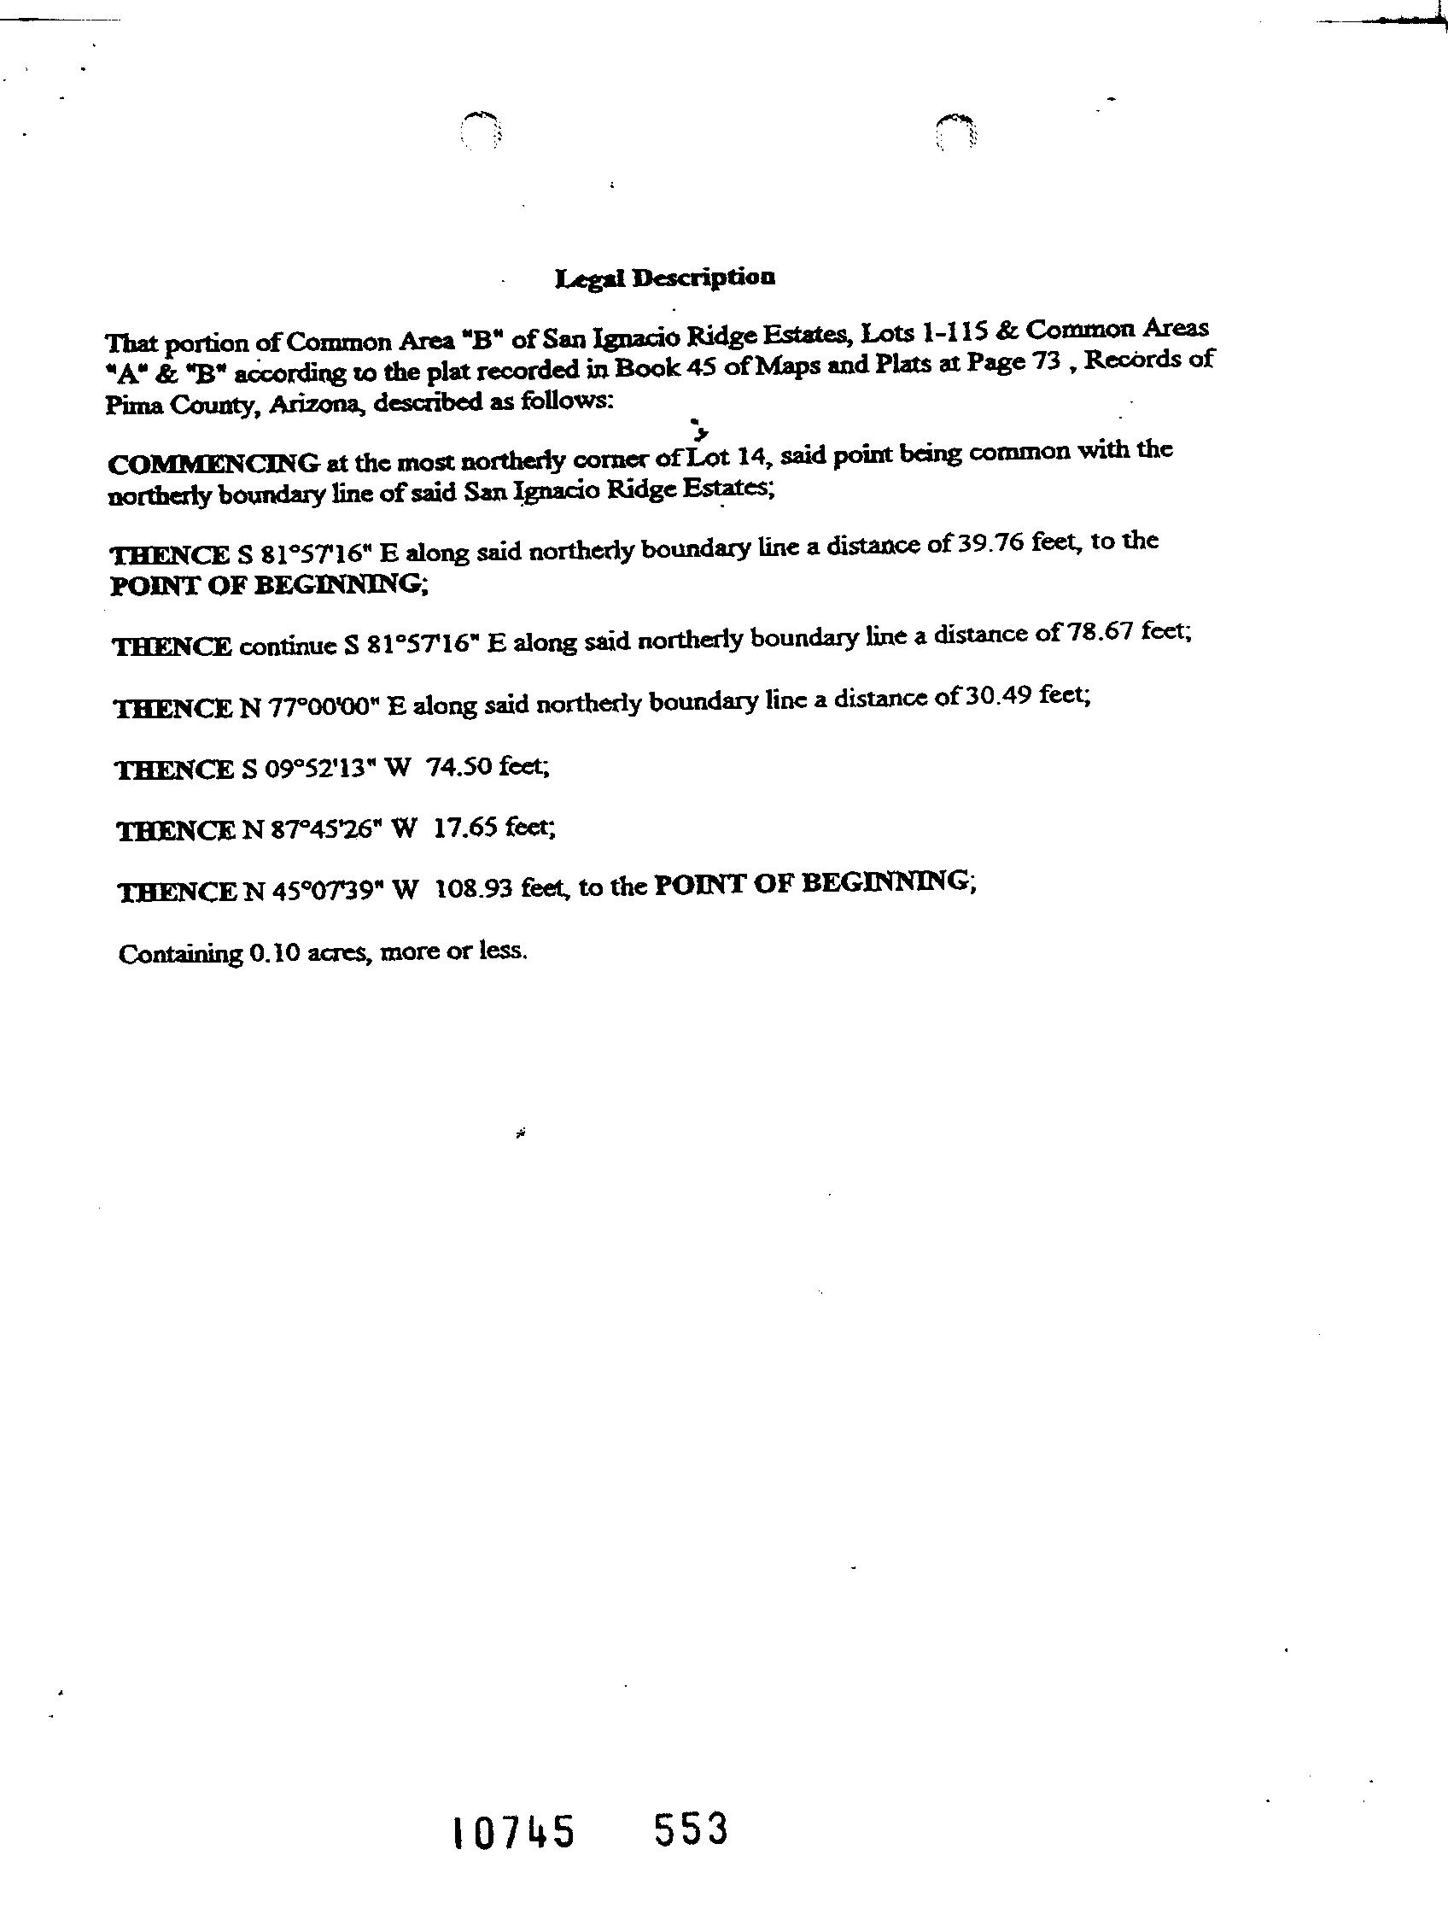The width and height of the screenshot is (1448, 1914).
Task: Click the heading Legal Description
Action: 664,278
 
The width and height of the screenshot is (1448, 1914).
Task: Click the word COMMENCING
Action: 213,463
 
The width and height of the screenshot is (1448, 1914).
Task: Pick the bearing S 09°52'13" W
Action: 323,770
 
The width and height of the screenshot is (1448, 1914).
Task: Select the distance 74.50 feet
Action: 487,767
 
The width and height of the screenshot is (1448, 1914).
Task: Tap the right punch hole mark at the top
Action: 958,132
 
